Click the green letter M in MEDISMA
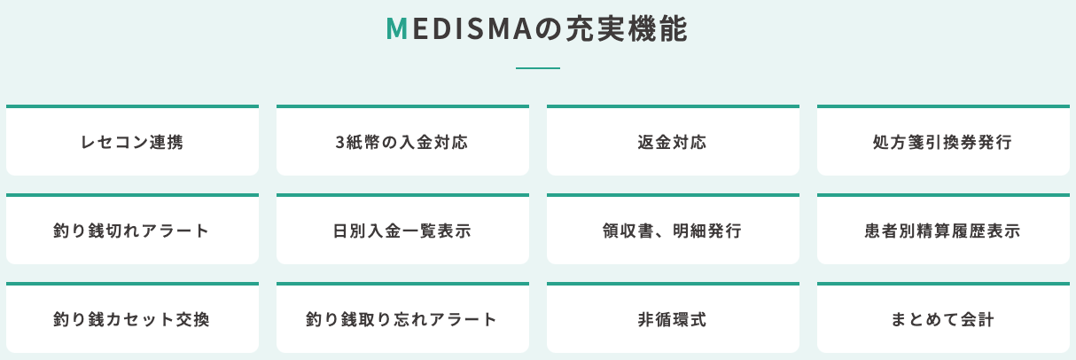[396, 29]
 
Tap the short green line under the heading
[538, 68]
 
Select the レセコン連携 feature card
[132, 142]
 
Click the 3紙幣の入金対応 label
[402, 142]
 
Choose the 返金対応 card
[673, 142]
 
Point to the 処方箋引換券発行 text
[943, 142]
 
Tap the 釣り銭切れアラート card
[132, 231]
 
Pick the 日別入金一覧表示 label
[402, 231]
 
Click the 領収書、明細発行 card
[673, 231]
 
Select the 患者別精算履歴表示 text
[943, 231]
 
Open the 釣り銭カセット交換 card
[132, 319]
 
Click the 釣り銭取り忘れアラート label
[402, 319]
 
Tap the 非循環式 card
[673, 319]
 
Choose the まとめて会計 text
[943, 319]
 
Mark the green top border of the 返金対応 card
[673, 106]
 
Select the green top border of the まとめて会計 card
[943, 284]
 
